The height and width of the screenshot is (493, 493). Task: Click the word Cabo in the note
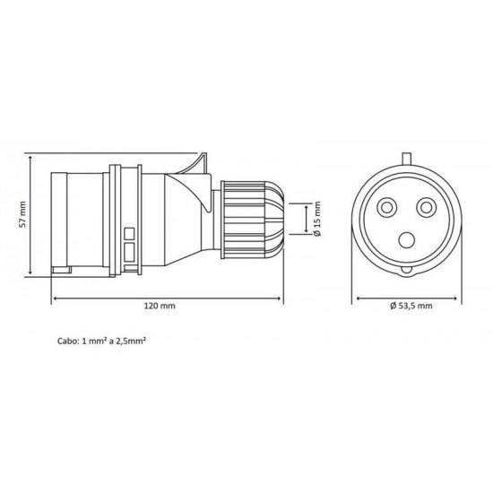(x=68, y=342)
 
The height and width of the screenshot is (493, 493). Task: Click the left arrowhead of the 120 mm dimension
(x=58, y=298)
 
